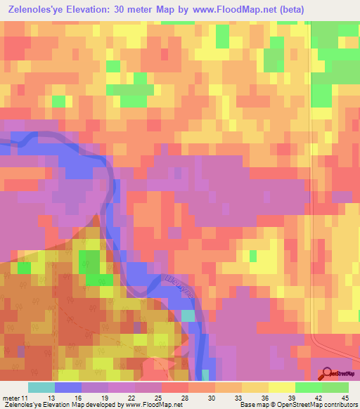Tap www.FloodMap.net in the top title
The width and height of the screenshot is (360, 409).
(239, 10)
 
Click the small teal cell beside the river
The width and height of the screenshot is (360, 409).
(188, 316)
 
